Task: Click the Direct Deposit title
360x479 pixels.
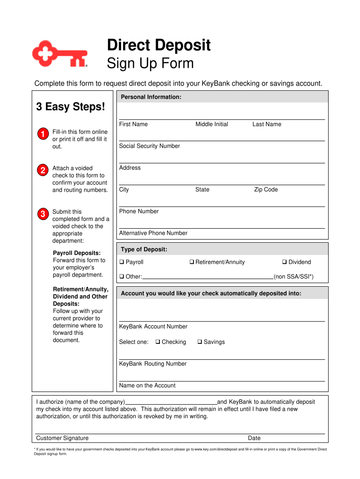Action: pyautogui.click(x=158, y=45)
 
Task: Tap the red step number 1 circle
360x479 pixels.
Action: pyautogui.click(x=42, y=134)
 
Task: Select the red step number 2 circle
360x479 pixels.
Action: pyautogui.click(x=42, y=170)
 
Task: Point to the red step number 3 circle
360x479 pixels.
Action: pyautogui.click(x=42, y=214)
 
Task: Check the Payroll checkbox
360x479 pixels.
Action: pyautogui.click(x=122, y=262)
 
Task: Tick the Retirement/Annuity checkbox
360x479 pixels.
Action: pyautogui.click(x=192, y=262)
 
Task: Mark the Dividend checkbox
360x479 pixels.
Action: pyautogui.click(x=284, y=262)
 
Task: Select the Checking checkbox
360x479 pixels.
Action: pyautogui.click(x=158, y=342)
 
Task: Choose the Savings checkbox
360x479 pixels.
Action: pyautogui.click(x=200, y=342)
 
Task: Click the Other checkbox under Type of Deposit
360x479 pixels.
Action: pyautogui.click(x=122, y=276)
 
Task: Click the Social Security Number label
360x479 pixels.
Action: pyautogui.click(x=149, y=146)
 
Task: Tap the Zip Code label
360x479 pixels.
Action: pyautogui.click(x=266, y=189)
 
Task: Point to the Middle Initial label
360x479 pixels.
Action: pyautogui.click(x=211, y=124)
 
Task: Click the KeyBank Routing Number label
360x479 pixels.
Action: pyautogui.click(x=152, y=363)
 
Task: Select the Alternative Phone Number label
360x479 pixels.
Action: pyautogui.click(x=153, y=233)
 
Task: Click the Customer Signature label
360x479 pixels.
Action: pyautogui.click(x=62, y=438)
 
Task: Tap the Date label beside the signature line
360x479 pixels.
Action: pyautogui.click(x=254, y=438)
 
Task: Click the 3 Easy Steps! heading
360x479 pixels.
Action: pyautogui.click(x=71, y=107)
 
